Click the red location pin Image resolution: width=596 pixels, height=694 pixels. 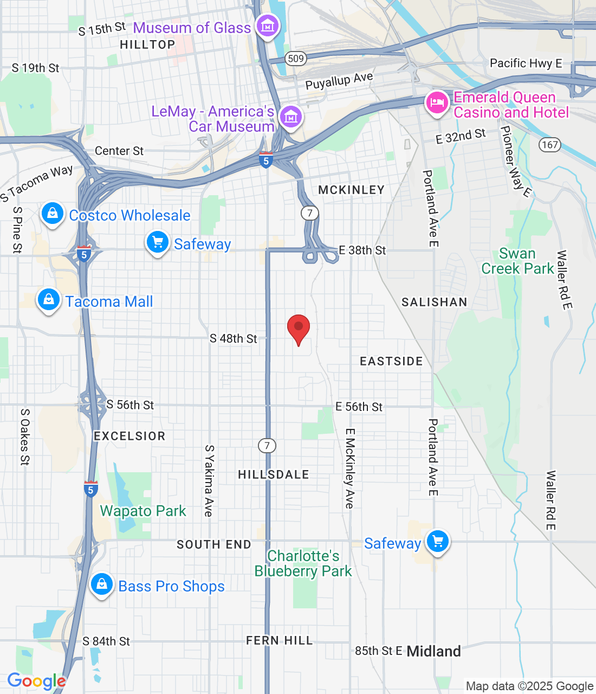[298, 327]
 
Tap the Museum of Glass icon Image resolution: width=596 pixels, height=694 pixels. [267, 25]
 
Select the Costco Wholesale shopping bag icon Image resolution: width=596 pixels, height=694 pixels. [52, 214]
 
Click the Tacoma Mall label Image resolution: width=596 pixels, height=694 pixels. [109, 301]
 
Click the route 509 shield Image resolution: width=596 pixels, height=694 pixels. [296, 59]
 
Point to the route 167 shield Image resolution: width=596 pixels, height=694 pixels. [549, 145]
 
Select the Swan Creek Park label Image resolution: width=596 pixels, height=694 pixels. [517, 261]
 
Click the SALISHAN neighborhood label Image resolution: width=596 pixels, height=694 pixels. [434, 303]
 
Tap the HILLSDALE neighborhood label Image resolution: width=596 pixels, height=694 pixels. [274, 475]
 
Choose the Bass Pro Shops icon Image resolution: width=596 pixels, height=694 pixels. [101, 584]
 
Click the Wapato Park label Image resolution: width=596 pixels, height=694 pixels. [143, 511]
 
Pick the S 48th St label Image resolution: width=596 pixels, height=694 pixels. [234, 339]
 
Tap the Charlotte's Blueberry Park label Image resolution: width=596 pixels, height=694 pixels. [303, 564]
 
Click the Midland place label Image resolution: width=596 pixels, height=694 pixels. [433, 652]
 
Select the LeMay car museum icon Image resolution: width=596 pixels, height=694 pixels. [291, 117]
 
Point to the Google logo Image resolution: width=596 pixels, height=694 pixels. [36, 681]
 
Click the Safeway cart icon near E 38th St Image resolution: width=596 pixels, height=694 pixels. [158, 242]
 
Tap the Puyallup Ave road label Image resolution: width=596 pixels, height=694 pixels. [339, 81]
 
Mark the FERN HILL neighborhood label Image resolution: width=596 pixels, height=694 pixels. [280, 641]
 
